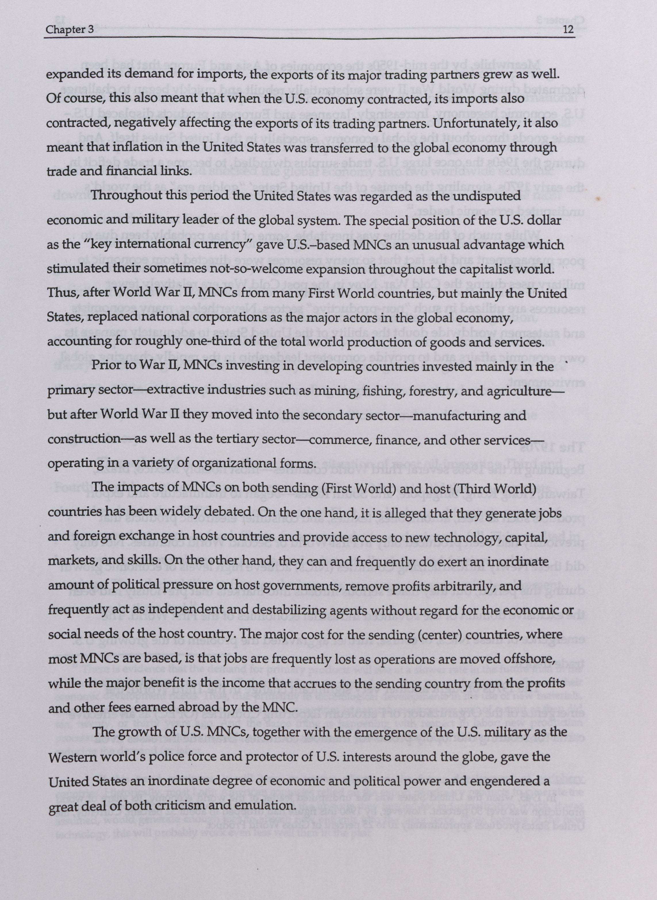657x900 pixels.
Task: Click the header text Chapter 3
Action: point(66,30)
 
